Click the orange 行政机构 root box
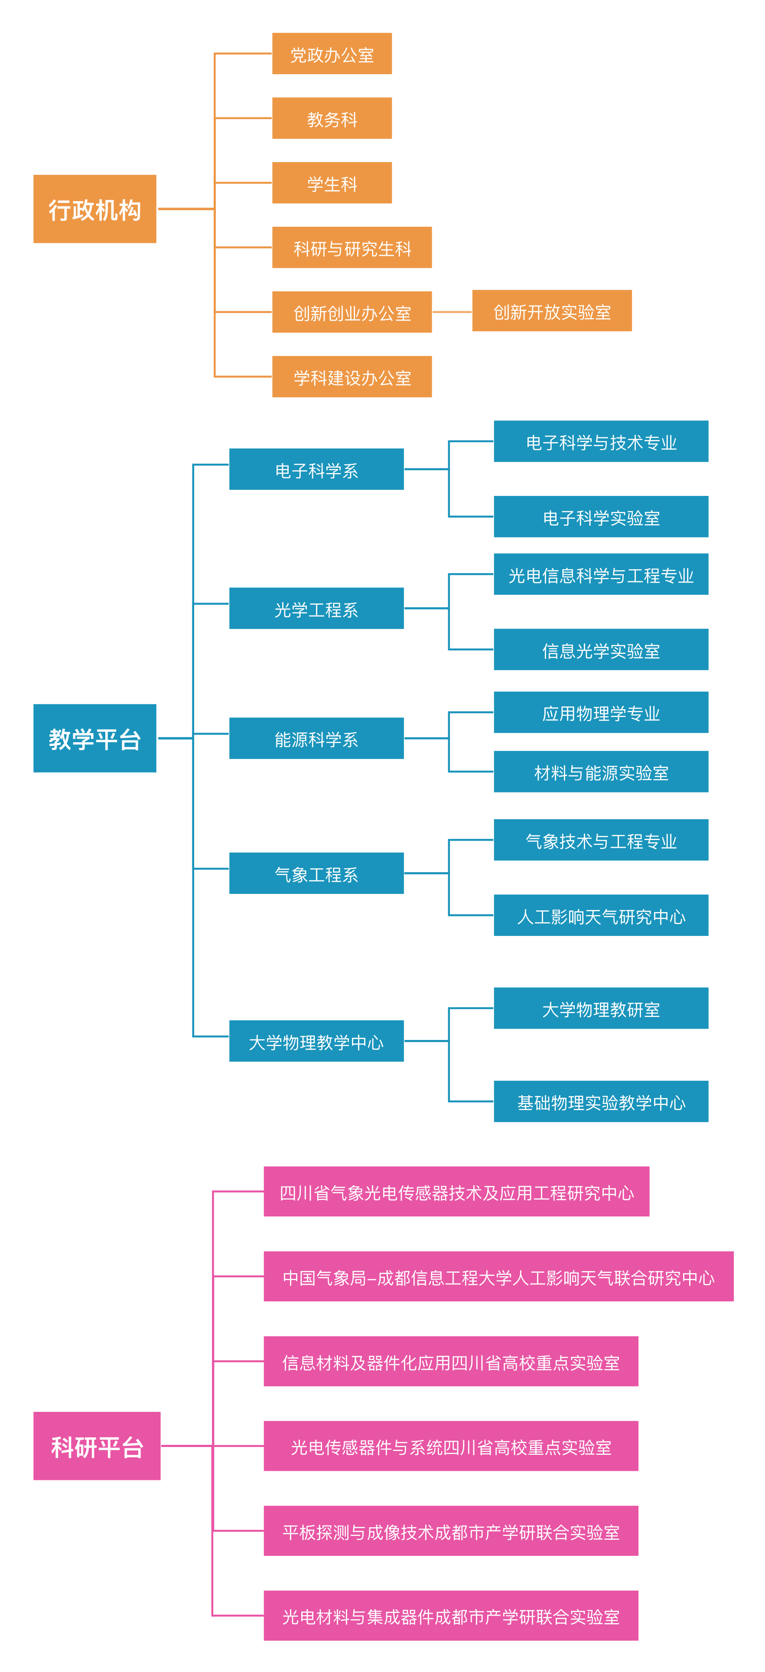click(95, 209)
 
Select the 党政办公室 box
click(332, 54)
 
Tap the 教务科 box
click(332, 118)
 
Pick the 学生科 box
click(332, 183)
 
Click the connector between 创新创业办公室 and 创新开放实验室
click(452, 312)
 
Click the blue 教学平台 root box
click(95, 738)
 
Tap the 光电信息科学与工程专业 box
click(600, 574)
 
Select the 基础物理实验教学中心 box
click(600, 1102)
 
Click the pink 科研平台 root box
click(97, 1446)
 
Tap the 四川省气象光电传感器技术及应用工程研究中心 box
click(456, 1192)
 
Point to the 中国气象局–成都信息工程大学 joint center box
click(498, 1277)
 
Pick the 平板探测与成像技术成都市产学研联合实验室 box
click(451, 1531)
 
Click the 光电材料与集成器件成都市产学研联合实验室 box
click(451, 1616)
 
